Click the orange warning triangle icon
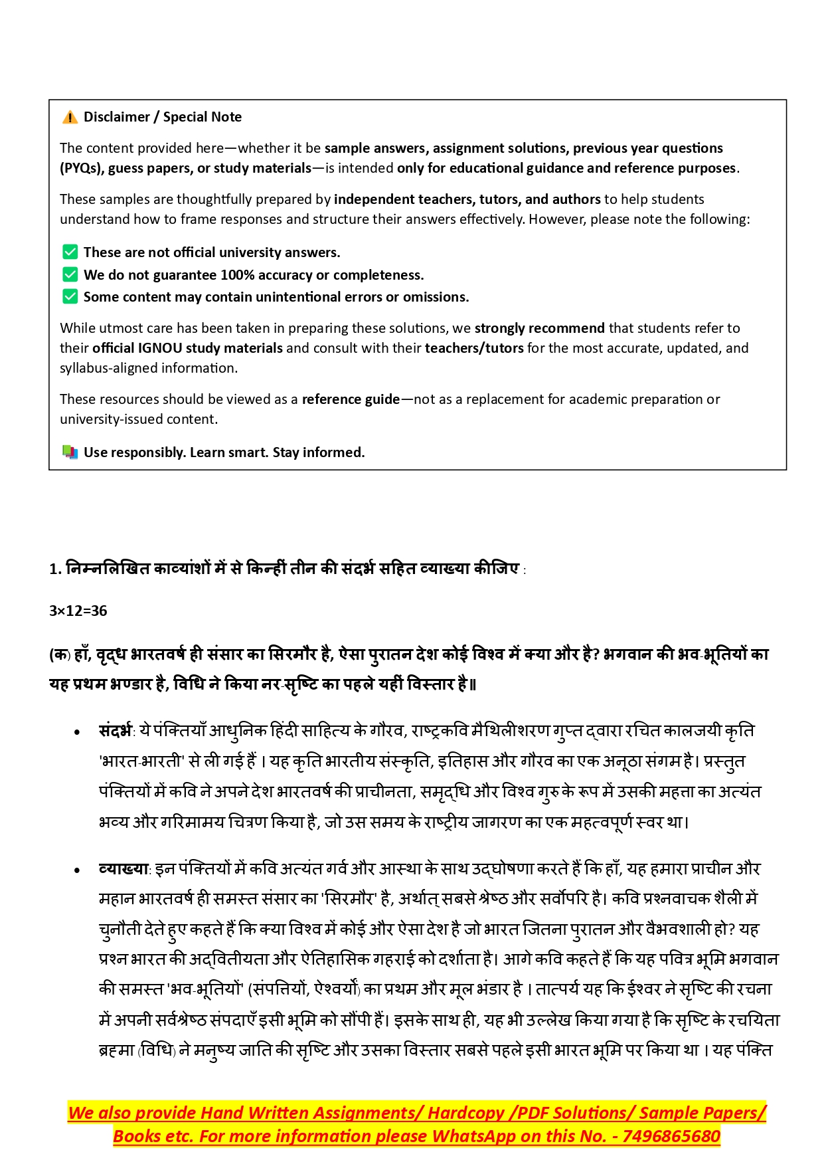(70, 118)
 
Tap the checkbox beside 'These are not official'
(70, 252)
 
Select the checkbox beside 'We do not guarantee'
(70, 275)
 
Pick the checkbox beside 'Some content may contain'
(70, 297)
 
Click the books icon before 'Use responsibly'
(70, 452)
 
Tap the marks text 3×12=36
(78, 611)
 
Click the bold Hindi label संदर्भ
(116, 731)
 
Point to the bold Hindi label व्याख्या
(124, 869)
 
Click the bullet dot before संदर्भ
(78, 733)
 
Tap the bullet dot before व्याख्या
(78, 870)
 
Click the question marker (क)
(60, 655)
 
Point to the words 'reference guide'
(351, 399)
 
